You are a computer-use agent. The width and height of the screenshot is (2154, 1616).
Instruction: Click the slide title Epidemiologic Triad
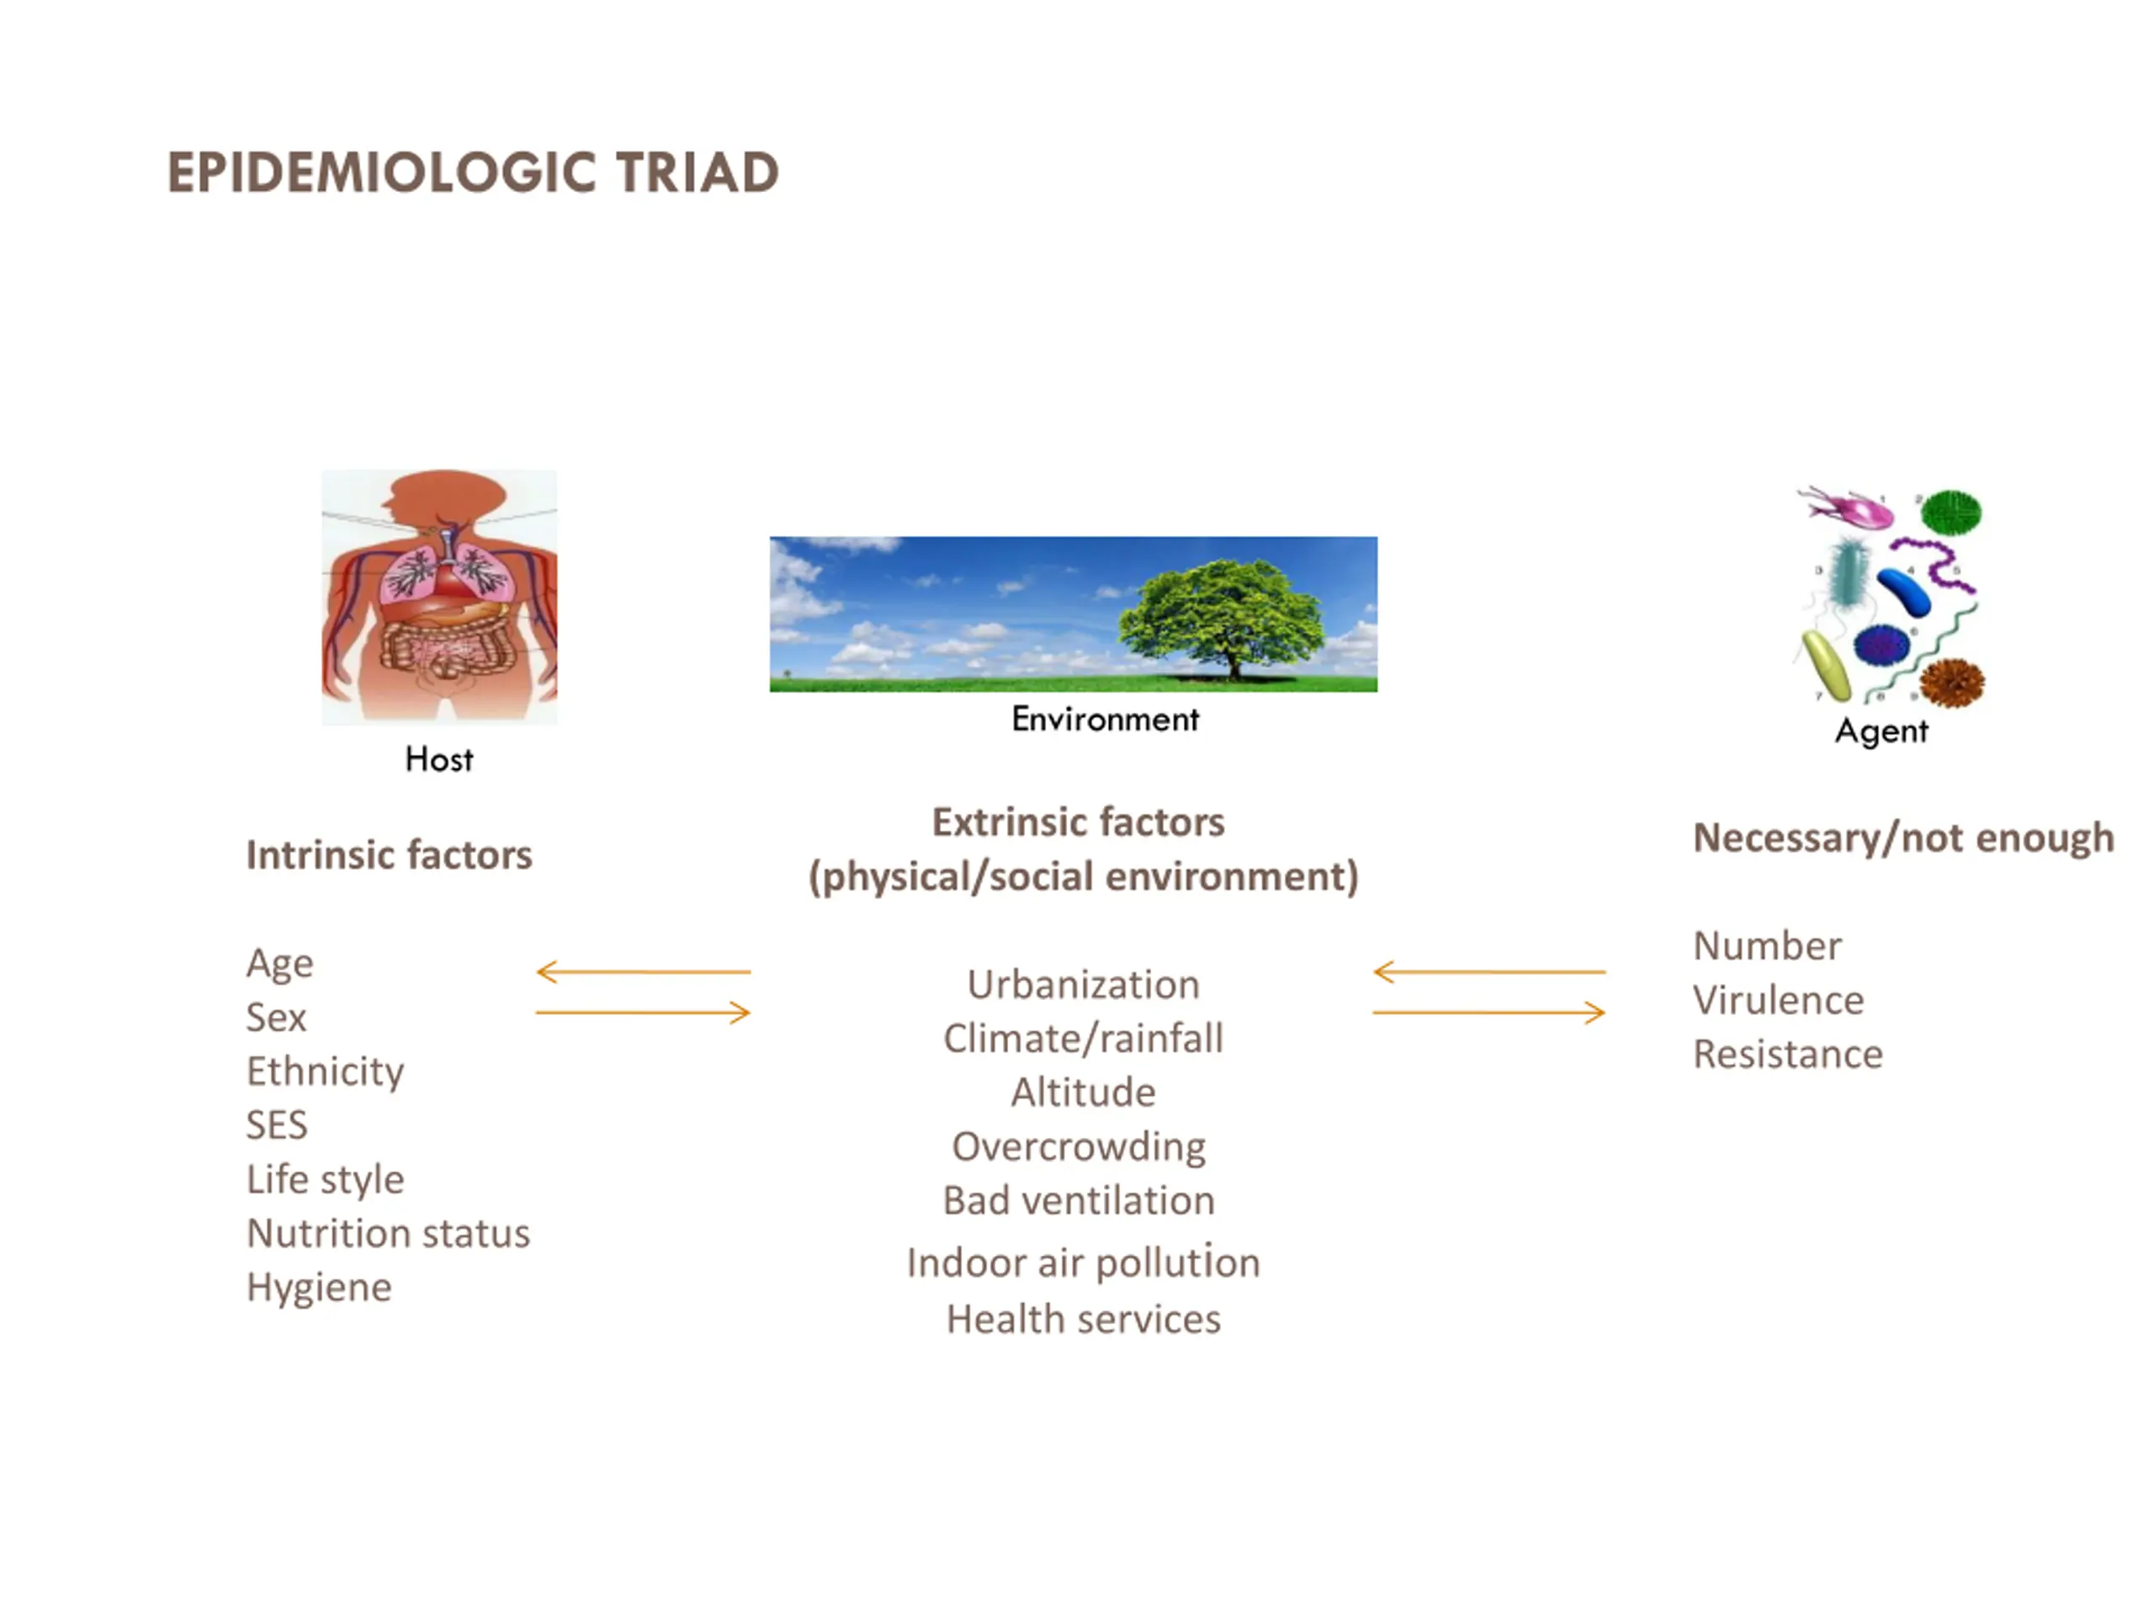coord(473,173)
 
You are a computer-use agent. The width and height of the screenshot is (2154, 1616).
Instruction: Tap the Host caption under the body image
coord(439,759)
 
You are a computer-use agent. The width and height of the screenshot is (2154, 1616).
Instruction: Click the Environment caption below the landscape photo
coord(1106,719)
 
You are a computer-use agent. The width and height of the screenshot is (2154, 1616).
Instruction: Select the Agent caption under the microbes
coord(1881,731)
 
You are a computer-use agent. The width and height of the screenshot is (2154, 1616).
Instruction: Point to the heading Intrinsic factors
coord(390,855)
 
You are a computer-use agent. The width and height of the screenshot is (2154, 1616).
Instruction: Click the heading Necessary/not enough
coord(1904,838)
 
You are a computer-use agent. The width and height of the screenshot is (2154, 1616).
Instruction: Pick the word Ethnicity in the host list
coord(326,1071)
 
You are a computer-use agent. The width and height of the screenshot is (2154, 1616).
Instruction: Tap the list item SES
coord(277,1125)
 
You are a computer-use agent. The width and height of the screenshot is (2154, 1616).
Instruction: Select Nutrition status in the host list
coord(389,1233)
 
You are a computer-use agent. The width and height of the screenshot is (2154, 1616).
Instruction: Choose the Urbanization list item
coord(1083,985)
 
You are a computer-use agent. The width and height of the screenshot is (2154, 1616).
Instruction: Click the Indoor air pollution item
coord(1083,1263)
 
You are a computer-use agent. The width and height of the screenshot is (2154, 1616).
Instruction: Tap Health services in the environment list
coord(1083,1320)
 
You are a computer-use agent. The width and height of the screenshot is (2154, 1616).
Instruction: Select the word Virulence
coord(1778,1001)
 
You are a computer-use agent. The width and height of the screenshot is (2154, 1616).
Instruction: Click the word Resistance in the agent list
coord(1788,1055)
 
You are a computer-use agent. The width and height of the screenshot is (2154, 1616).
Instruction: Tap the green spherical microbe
coord(1950,513)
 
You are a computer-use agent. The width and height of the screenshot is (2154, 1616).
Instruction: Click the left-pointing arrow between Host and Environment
coord(644,971)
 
